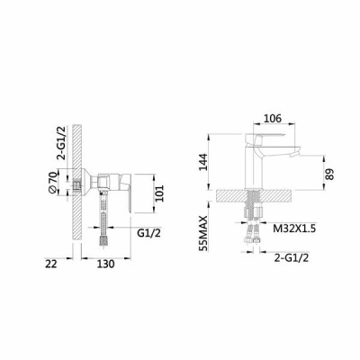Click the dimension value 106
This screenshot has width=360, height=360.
(x=273, y=119)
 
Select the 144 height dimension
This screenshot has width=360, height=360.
(x=203, y=162)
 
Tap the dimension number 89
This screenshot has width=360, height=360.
(x=329, y=174)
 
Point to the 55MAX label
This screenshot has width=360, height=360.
(x=203, y=233)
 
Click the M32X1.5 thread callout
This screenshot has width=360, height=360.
(x=294, y=229)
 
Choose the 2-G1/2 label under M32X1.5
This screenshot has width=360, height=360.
(x=292, y=257)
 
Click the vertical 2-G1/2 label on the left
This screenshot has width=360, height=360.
(x=62, y=142)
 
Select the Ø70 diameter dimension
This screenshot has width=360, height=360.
(x=52, y=183)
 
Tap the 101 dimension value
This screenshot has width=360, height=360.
(x=159, y=193)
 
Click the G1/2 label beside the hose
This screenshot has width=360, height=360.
(x=148, y=233)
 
